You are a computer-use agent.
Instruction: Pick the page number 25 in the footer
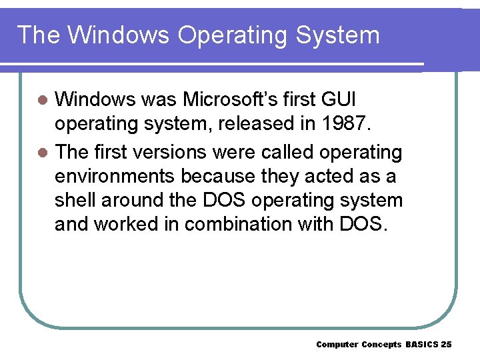(x=447, y=345)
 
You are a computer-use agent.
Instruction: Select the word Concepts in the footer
(x=381, y=345)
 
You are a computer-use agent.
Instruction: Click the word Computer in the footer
(x=337, y=345)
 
